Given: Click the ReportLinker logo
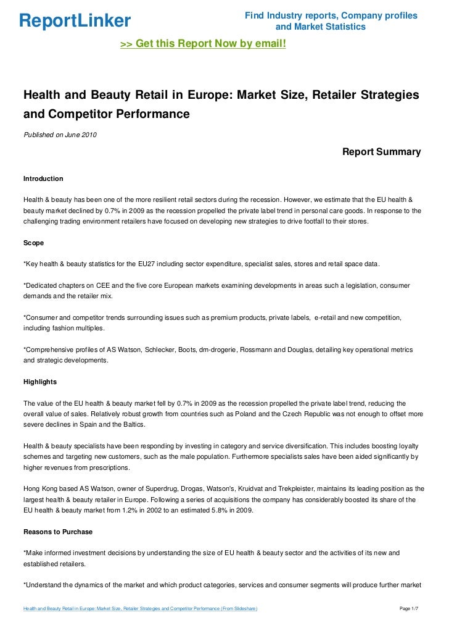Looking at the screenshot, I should pos(75,21).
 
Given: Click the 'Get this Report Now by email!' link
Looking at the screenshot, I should pos(203,44).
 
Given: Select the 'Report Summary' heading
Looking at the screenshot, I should pos(381,152).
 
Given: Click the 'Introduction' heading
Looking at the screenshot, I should pos(43,178).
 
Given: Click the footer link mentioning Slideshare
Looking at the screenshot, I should pos(140,609).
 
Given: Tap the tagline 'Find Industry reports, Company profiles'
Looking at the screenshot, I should pos(331,15).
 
